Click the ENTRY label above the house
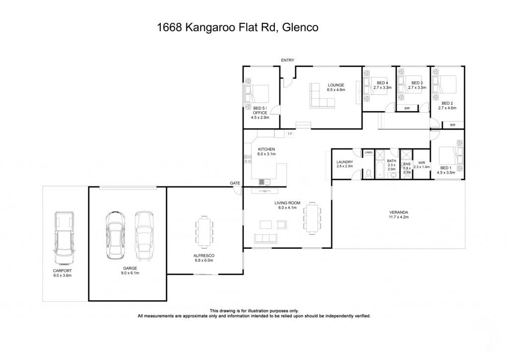287,60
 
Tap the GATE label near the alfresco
235,183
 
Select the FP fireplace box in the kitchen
290,134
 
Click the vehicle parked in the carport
64,238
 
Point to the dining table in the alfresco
204,229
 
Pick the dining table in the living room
312,218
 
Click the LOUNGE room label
336,85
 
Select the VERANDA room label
398,213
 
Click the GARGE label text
130,268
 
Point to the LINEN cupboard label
369,152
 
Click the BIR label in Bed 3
407,108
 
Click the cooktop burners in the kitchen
248,159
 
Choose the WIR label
422,163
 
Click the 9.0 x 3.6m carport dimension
63,276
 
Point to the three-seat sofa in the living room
266,238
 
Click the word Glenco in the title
300,27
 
